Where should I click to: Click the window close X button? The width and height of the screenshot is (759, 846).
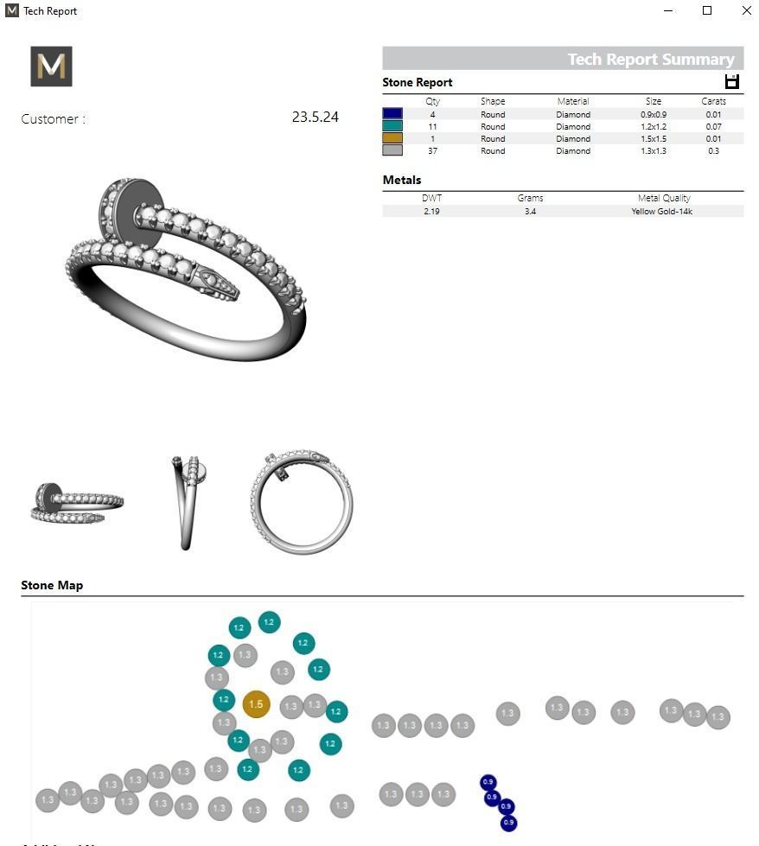pos(746,11)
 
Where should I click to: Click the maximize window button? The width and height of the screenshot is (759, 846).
pos(707,11)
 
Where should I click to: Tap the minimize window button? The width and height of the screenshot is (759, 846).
pos(668,11)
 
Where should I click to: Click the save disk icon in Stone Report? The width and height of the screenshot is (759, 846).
pos(732,82)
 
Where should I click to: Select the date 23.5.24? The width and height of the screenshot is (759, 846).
pos(315,118)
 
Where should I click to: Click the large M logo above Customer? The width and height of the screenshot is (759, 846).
pos(51,67)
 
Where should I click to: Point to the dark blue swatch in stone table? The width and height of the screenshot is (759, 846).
pos(392,114)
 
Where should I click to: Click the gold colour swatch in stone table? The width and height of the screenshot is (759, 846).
pos(392,138)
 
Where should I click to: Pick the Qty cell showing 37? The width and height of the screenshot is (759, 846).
pos(432,150)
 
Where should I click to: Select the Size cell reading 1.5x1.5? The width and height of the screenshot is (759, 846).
pos(654,138)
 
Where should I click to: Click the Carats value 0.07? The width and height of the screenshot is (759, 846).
pos(713,126)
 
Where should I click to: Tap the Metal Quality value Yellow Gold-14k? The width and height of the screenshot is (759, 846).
pos(662,211)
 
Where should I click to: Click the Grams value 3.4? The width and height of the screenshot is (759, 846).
pos(530,211)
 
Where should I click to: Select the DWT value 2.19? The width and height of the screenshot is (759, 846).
pos(431,211)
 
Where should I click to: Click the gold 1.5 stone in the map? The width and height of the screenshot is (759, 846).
pos(256,704)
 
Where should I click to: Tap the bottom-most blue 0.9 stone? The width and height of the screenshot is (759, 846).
pos(508,823)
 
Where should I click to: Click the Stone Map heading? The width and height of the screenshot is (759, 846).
pos(52,585)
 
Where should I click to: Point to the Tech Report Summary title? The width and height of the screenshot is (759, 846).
pos(650,60)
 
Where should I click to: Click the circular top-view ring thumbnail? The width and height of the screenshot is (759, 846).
pos(302,501)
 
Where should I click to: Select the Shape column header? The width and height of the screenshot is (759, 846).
pos(493,101)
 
